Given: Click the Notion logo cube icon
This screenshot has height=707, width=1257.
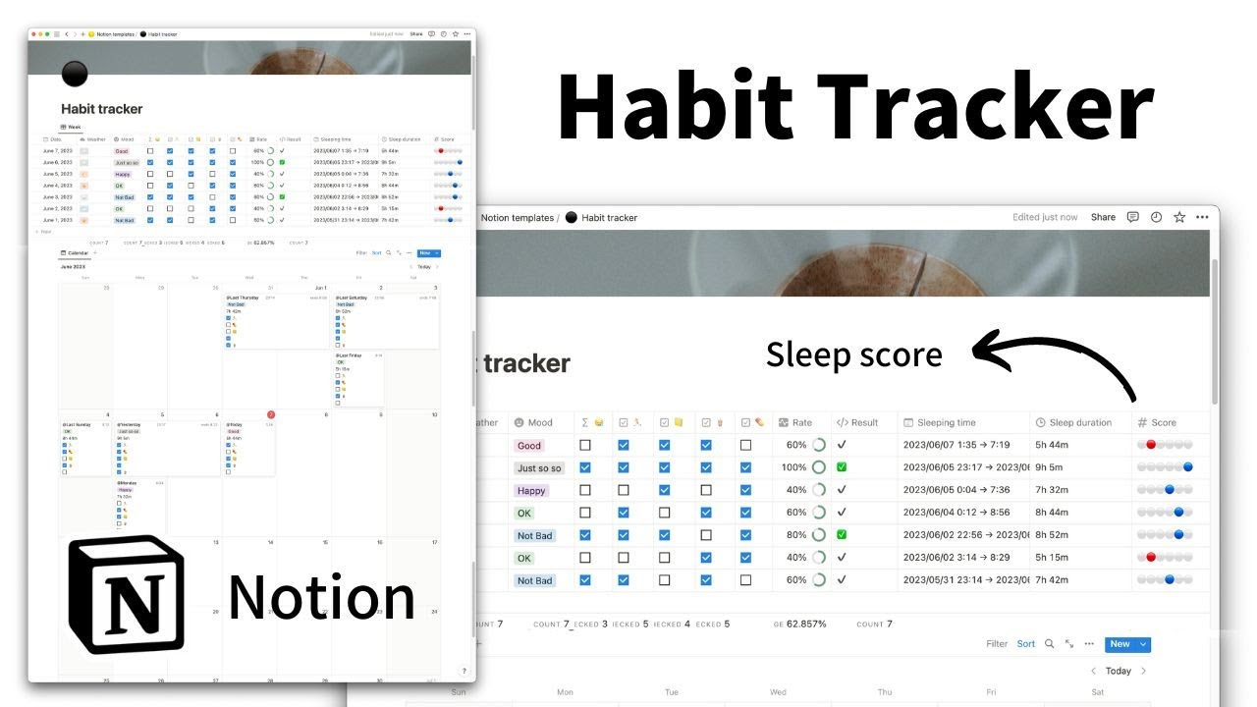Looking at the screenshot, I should tap(126, 594).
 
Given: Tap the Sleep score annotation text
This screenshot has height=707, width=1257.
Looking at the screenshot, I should tap(853, 354).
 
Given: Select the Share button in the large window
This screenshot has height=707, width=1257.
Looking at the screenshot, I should tap(1103, 217).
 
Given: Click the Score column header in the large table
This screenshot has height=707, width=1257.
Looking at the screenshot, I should tap(1163, 423).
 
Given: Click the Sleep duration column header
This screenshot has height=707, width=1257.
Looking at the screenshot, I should tap(1079, 423).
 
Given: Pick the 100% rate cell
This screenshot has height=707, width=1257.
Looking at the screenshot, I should tap(794, 468).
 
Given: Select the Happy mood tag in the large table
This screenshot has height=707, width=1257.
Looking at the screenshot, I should tap(531, 491).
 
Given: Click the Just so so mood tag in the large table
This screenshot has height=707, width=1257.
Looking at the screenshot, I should tap(539, 468).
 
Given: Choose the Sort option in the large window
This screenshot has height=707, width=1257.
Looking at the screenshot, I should tap(1025, 644).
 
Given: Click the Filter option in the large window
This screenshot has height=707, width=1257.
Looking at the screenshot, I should tap(997, 644).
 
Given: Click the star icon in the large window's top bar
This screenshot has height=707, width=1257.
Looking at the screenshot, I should tap(1179, 217).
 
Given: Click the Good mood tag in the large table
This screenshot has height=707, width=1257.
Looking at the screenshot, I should tap(529, 446).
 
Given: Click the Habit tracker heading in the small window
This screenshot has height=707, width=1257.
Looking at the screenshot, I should tap(101, 109).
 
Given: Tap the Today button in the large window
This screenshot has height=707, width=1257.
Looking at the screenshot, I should tap(1118, 672).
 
